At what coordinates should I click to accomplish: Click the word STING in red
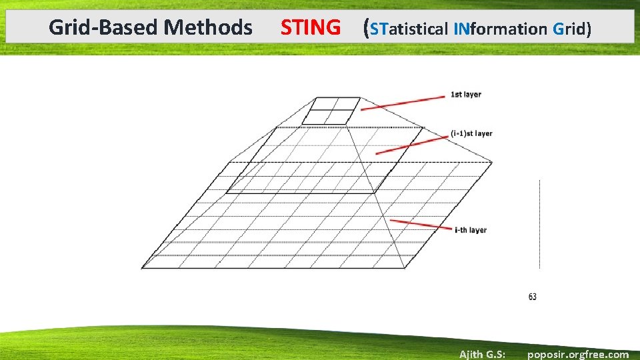[x=310, y=28]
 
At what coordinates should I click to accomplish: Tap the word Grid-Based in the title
[x=104, y=28]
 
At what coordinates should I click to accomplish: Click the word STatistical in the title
[x=409, y=29]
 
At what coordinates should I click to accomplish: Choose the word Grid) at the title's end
[x=572, y=29]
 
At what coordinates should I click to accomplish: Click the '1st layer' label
[x=466, y=95]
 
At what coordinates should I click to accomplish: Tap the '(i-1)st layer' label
[x=471, y=133]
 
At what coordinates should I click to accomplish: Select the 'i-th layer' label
[x=471, y=230]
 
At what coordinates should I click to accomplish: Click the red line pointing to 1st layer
[x=403, y=103]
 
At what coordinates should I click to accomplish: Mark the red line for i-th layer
[x=421, y=224]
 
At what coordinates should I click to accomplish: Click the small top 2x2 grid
[x=331, y=111]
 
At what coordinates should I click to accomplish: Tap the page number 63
[x=532, y=297]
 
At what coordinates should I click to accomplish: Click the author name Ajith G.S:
[x=482, y=354]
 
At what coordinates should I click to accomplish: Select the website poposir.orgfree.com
[x=577, y=354]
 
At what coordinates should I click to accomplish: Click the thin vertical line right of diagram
[x=539, y=223]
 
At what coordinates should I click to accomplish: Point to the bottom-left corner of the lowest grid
[x=143, y=268]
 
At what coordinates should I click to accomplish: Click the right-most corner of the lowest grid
[x=492, y=161]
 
